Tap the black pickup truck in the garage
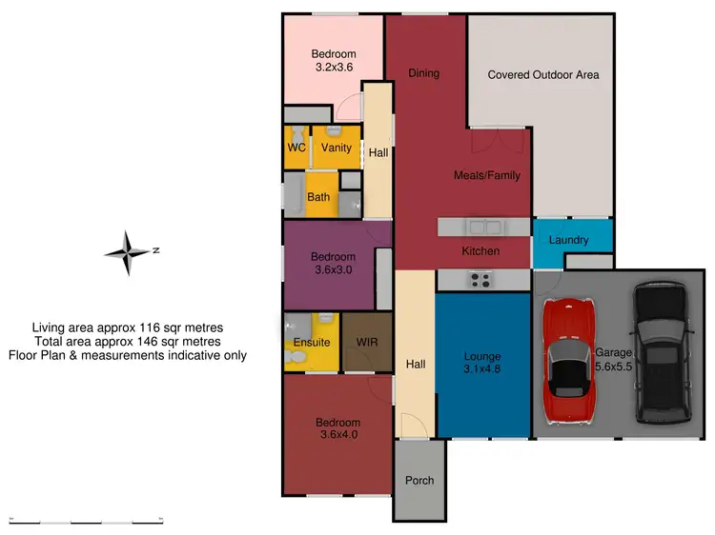(657, 353)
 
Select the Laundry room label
(569, 240)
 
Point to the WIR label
(366, 342)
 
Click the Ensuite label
(312, 342)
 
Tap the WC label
(296, 149)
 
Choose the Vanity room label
(336, 149)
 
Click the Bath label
(318, 197)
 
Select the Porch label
(419, 481)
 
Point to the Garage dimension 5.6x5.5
(613, 365)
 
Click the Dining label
(423, 73)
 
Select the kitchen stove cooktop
(480, 279)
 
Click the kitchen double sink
(483, 227)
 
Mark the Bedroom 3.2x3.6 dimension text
(334, 69)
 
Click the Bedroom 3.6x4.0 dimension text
(337, 436)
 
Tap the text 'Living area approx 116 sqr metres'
(128, 327)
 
